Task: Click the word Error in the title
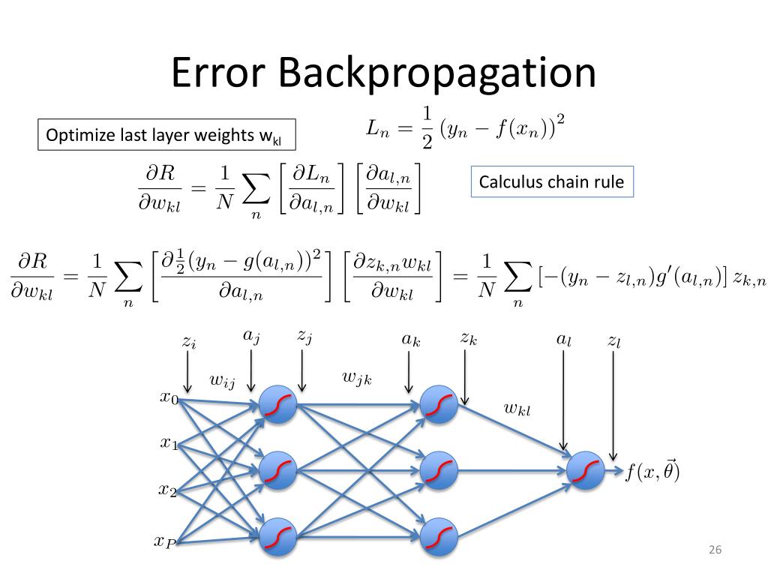(217, 73)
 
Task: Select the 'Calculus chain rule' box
(552, 181)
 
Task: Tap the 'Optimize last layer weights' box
(167, 136)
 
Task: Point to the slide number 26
(714, 551)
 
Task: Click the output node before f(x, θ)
(586, 471)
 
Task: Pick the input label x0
(169, 397)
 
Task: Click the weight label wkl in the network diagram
(517, 409)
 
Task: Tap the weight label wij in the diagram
(222, 382)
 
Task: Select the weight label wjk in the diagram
(357, 378)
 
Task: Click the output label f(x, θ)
(652, 472)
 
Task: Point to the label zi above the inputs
(188, 342)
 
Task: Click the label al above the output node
(562, 339)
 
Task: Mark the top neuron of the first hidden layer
(277, 406)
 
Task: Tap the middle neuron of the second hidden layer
(439, 471)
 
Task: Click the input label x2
(167, 491)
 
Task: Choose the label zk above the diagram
(469, 339)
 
